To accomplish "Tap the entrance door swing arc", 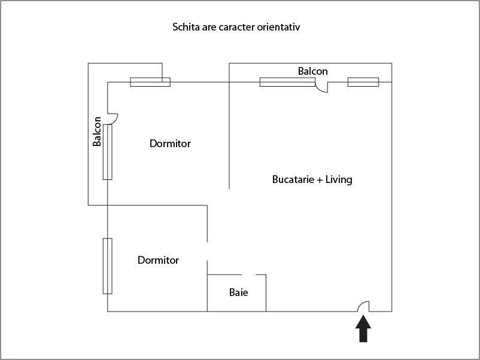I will [363, 306].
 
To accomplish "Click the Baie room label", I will [238, 293].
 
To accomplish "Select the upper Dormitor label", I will [170, 144].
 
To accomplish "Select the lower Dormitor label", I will [158, 260].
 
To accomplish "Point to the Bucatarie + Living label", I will [312, 179].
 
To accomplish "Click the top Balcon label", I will [312, 71].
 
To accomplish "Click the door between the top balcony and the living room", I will [322, 87].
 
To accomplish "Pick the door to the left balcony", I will [113, 118].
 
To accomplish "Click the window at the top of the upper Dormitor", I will [150, 82].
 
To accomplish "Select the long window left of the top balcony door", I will [287, 82].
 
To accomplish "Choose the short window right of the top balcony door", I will [363, 82].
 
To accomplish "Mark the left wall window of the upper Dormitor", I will [107, 152].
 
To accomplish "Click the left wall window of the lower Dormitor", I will [107, 266].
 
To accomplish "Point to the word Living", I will [339, 179].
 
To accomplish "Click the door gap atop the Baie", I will [250, 274].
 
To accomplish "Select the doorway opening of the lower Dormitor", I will [207, 251].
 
